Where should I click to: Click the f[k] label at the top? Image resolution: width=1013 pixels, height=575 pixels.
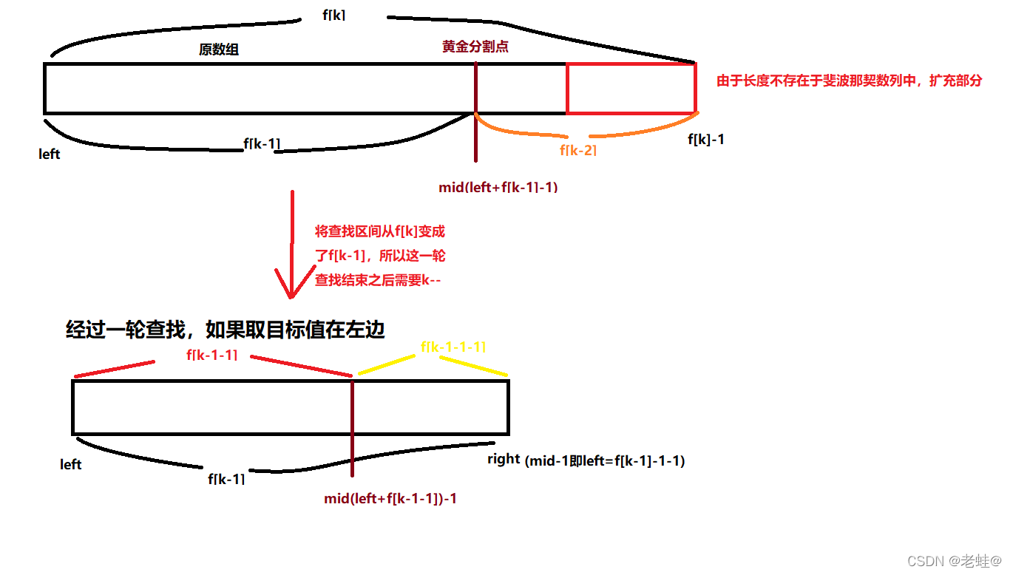tap(334, 15)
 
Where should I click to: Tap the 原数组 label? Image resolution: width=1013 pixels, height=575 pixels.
tap(219, 50)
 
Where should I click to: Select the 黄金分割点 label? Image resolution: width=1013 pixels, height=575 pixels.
tap(475, 46)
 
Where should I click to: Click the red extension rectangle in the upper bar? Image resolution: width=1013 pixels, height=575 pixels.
tap(631, 89)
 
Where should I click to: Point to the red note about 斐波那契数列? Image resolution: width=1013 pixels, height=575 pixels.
tap(849, 81)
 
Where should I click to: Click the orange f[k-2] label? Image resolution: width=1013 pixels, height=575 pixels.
tap(578, 150)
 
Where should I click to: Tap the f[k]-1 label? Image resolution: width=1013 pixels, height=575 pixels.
tap(705, 139)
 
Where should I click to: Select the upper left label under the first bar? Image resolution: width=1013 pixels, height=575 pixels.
tap(50, 154)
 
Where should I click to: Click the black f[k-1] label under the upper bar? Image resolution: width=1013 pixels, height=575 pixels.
tap(262, 143)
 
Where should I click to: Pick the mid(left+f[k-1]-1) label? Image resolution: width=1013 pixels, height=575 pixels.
tap(498, 187)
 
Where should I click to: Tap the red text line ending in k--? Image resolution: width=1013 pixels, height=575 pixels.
tap(378, 280)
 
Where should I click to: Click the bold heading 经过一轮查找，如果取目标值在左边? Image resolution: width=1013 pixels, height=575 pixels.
tap(226, 330)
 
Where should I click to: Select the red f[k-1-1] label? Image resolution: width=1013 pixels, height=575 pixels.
tap(212, 355)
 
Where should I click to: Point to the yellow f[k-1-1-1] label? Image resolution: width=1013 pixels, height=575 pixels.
tap(453, 347)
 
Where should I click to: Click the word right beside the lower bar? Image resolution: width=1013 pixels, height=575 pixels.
tap(504, 459)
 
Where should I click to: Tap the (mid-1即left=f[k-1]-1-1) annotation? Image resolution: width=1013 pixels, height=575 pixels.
tap(605, 461)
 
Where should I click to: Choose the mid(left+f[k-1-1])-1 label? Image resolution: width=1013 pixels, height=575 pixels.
tap(390, 499)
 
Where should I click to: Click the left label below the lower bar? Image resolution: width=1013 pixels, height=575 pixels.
tap(71, 464)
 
